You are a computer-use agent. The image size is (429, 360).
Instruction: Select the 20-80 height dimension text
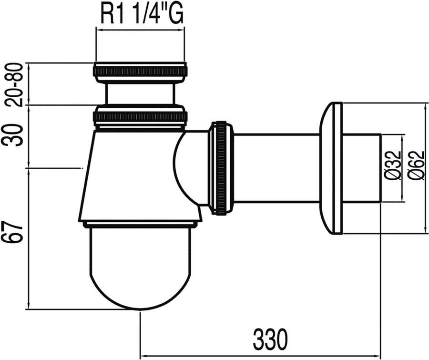[x=14, y=84]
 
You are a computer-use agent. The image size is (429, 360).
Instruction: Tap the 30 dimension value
[x=14, y=135]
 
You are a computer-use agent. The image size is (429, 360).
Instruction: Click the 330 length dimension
[x=271, y=339]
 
